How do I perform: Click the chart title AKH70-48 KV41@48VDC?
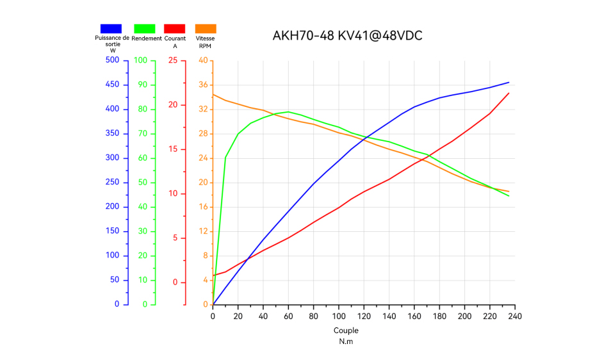click(x=347, y=35)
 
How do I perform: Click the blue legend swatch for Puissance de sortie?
click(x=111, y=28)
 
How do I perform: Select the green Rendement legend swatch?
click(x=144, y=28)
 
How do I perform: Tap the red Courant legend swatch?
click(x=175, y=28)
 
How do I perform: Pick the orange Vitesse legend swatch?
click(x=206, y=28)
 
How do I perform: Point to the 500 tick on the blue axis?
click(x=113, y=60)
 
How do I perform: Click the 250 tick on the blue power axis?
click(x=113, y=182)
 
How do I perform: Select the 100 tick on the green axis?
click(x=140, y=60)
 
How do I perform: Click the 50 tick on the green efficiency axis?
click(x=142, y=182)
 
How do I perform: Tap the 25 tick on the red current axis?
click(x=173, y=60)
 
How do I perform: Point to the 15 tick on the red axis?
click(x=173, y=149)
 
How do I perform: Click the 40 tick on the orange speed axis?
click(x=204, y=60)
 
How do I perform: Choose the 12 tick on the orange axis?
click(x=204, y=231)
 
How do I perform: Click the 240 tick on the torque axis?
click(x=515, y=316)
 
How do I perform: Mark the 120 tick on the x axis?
click(x=364, y=316)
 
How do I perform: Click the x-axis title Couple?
click(x=346, y=331)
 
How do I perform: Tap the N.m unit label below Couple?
click(x=346, y=341)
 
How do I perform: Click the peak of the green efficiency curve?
click(x=288, y=111)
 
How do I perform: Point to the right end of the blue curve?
click(x=509, y=82)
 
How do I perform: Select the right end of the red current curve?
click(x=509, y=93)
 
